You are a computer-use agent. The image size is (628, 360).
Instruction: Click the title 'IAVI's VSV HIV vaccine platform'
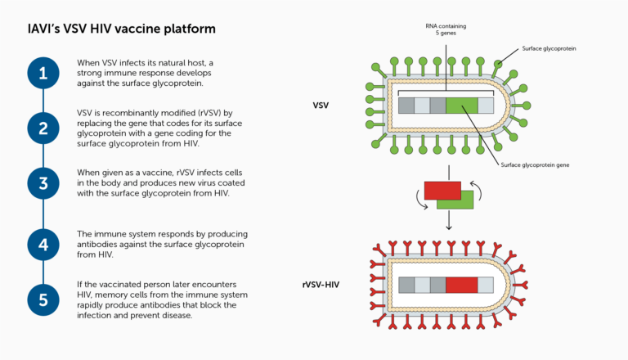coord(121,29)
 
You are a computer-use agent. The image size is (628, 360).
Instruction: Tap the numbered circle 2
coord(43,128)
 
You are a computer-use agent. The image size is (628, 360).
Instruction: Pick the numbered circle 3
coord(43,182)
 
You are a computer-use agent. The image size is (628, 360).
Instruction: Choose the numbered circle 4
coord(43,243)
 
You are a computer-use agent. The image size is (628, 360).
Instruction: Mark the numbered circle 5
coord(43,299)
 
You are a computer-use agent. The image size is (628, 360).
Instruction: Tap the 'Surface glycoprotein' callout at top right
coord(549,49)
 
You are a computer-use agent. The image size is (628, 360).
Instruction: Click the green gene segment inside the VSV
coord(461,105)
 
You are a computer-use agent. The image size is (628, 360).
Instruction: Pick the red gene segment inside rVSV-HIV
coord(461,286)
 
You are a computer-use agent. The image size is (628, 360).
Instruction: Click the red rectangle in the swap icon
coord(442,191)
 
